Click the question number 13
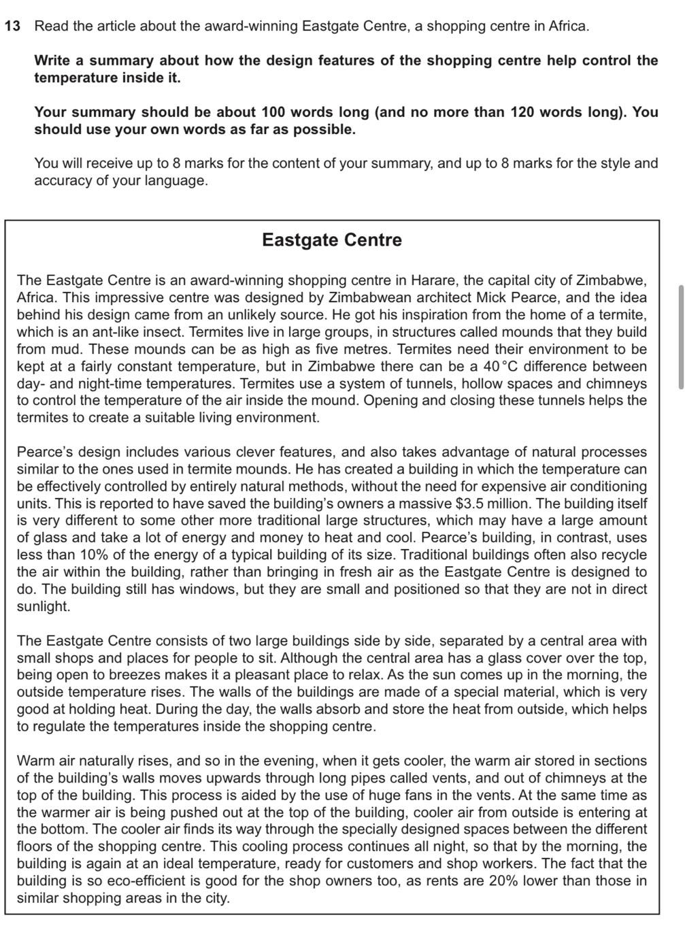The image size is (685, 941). [x=12, y=27]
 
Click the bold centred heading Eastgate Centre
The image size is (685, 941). [x=332, y=240]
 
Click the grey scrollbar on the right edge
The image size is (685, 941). [x=680, y=337]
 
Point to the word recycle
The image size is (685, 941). [x=622, y=555]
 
